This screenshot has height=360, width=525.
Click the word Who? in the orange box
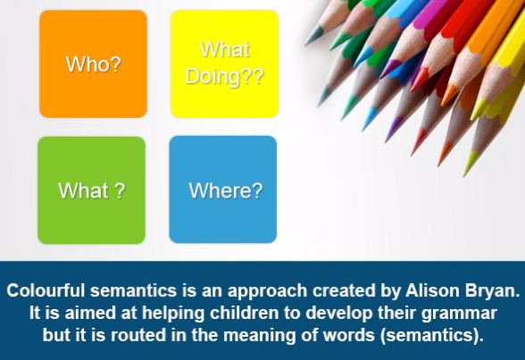93,64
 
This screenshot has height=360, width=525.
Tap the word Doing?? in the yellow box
225,77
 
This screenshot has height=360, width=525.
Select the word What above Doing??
225,49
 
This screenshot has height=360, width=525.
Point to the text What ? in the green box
92,190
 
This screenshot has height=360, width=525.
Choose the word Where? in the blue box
226,190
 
